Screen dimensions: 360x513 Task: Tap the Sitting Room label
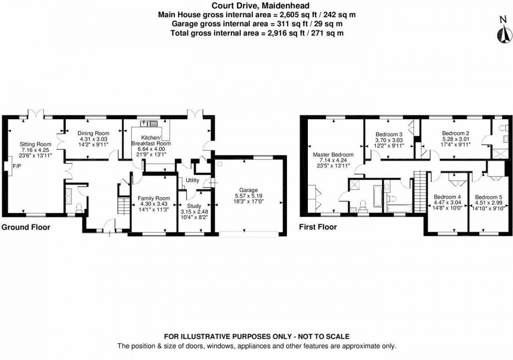point(36,144)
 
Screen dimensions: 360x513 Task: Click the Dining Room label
point(93,133)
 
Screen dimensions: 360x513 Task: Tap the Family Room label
point(154,198)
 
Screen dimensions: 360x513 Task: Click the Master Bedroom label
point(333,155)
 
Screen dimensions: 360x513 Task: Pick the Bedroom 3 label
point(389,134)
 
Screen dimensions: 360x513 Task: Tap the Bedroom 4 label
point(447,197)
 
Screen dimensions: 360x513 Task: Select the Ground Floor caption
point(26,228)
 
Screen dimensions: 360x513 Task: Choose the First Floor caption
point(318,228)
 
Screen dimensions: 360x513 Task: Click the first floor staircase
point(421,189)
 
